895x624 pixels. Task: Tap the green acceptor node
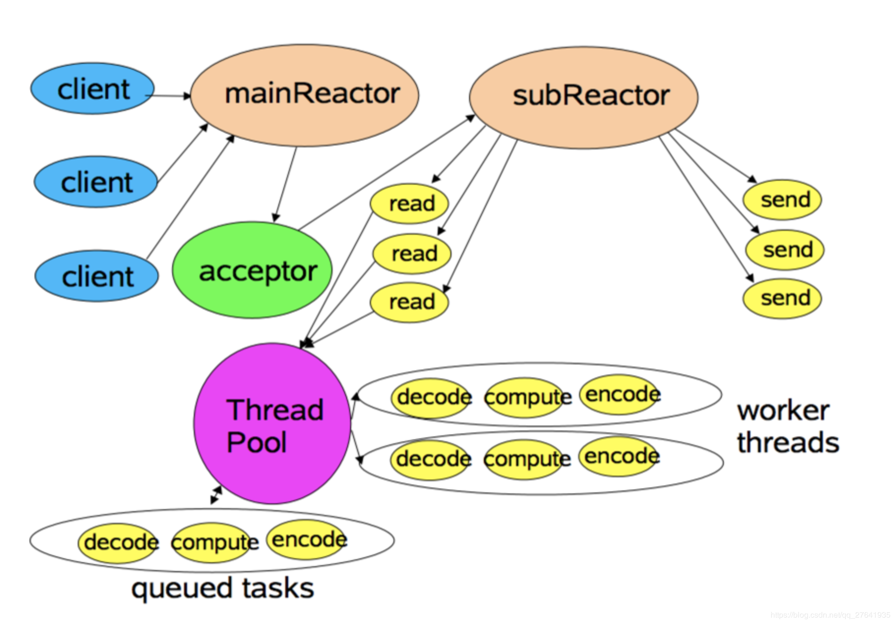click(x=252, y=270)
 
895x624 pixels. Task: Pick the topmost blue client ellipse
click(x=92, y=89)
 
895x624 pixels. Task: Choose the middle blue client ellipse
click(x=95, y=182)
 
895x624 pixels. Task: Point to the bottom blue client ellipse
click(x=96, y=276)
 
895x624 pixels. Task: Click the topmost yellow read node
click(x=410, y=203)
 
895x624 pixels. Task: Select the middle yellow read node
click(x=412, y=254)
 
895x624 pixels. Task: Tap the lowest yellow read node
click(x=410, y=302)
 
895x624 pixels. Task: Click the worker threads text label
click(x=787, y=426)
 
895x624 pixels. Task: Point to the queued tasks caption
click(x=222, y=588)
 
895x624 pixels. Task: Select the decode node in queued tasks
click(x=119, y=542)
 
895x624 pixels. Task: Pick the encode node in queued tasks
click(x=308, y=539)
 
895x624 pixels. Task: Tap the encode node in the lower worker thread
click(x=620, y=456)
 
